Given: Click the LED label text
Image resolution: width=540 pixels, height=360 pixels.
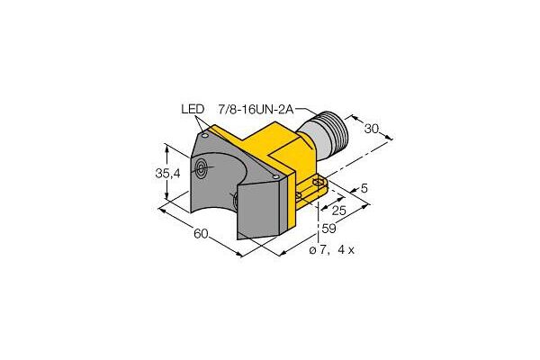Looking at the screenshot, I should (193, 111).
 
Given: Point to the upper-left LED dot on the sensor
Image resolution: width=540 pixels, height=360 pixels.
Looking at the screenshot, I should (206, 134).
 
